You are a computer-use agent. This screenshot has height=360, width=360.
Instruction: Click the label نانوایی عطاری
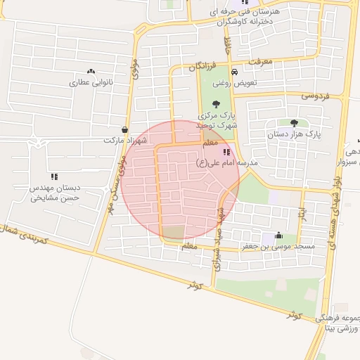(x=91, y=83)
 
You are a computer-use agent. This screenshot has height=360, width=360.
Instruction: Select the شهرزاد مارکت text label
(x=124, y=141)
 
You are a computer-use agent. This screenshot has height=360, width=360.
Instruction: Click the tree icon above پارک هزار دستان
(x=304, y=122)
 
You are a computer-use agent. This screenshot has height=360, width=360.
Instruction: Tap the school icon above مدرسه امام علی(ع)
(x=226, y=152)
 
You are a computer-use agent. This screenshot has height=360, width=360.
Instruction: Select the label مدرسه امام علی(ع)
(x=227, y=162)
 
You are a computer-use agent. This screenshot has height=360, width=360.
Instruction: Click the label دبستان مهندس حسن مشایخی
(x=54, y=193)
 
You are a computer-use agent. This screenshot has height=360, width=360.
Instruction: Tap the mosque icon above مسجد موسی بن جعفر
(x=279, y=236)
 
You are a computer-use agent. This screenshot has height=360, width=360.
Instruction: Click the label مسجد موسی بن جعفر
(x=284, y=247)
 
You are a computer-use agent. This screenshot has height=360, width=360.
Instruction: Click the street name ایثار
(x=302, y=212)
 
